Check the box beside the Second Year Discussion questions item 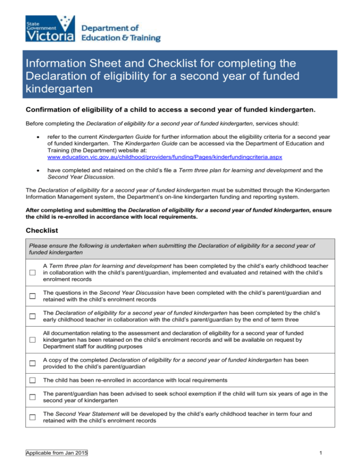32,296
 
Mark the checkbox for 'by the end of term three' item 32,316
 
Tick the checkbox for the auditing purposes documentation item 32,340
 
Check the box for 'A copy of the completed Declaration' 32,363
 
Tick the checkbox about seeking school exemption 32,397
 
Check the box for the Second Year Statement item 32,418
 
